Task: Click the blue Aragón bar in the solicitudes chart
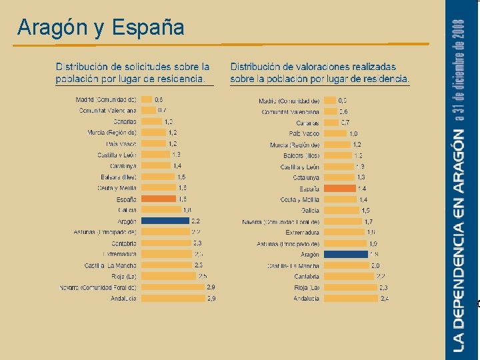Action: click(x=165, y=221)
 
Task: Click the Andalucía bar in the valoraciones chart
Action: click(x=350, y=298)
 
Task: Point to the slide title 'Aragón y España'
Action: click(x=101, y=27)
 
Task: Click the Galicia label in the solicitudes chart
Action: click(x=127, y=210)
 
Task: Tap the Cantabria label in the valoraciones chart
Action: click(x=307, y=276)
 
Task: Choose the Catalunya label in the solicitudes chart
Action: click(x=123, y=166)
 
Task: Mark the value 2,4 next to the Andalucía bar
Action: click(x=385, y=298)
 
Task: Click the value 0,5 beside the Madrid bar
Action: click(x=343, y=101)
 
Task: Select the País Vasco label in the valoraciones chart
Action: click(x=305, y=133)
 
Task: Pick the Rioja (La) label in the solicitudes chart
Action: click(x=125, y=276)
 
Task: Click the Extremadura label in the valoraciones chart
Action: click(x=302, y=233)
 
